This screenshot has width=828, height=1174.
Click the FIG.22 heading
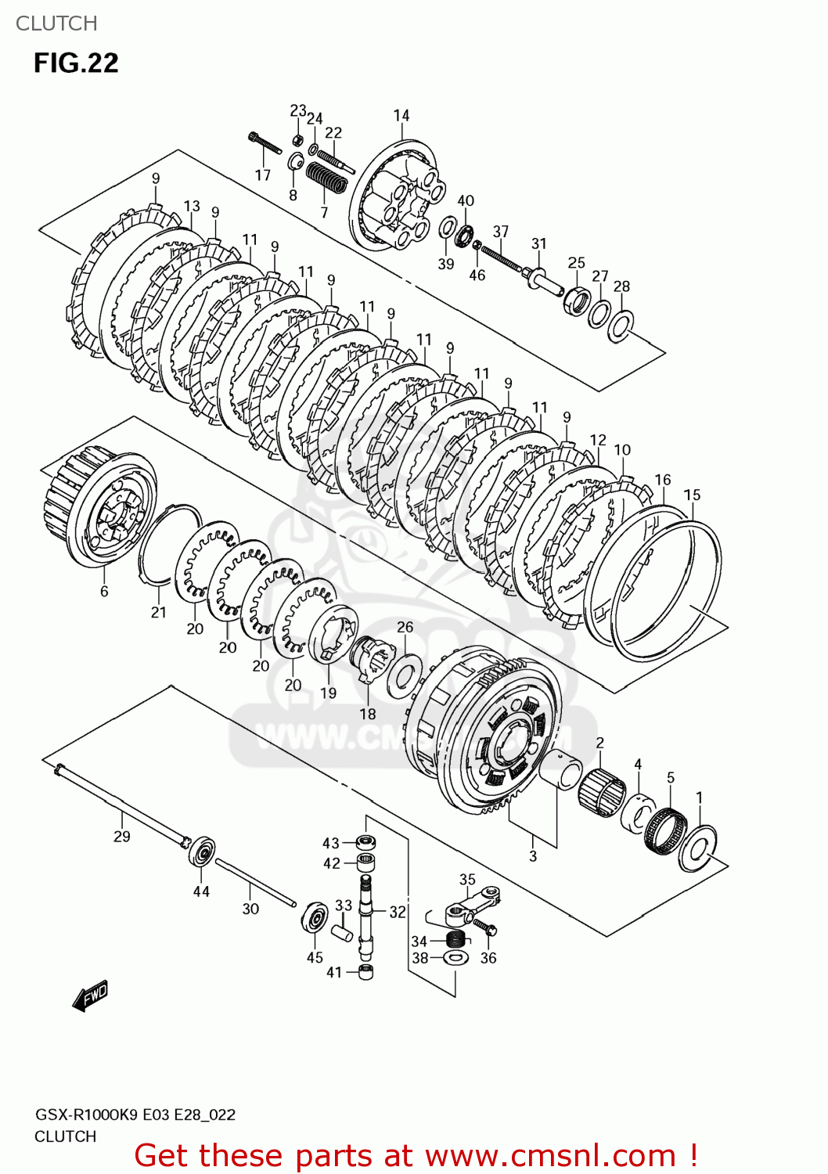76,63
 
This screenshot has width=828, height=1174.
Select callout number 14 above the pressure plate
401,115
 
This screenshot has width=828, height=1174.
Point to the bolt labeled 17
265,144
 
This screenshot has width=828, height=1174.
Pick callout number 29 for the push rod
122,837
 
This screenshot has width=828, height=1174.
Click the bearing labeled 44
202,852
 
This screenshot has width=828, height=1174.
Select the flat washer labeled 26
405,674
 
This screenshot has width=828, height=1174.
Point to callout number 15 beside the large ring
692,495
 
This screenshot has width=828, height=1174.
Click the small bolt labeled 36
484,928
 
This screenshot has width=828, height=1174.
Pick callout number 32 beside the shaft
398,912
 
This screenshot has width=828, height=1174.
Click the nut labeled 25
577,301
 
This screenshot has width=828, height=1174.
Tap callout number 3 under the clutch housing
533,856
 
